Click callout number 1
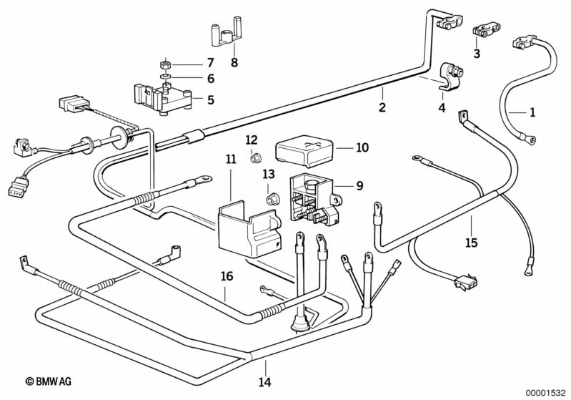click(532, 112)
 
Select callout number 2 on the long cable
click(382, 108)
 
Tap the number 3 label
click(477, 53)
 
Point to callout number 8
click(234, 62)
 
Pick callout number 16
click(227, 275)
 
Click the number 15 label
click(472, 243)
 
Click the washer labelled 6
click(166, 77)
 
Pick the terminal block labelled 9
click(313, 192)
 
